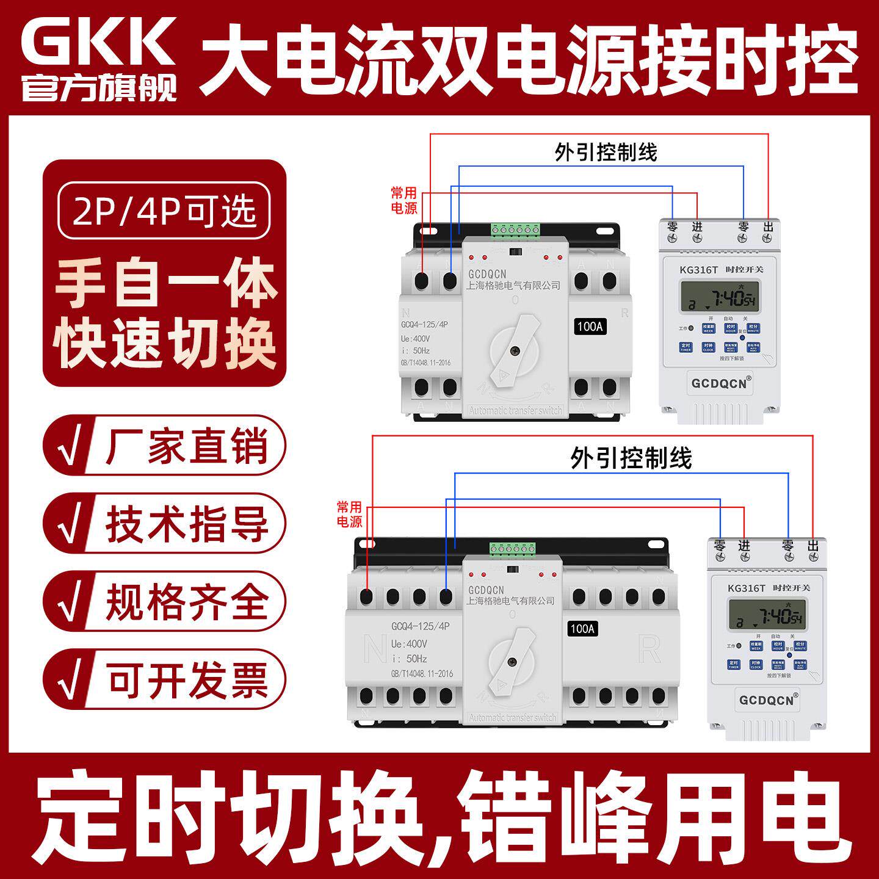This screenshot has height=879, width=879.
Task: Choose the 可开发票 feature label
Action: (186, 680)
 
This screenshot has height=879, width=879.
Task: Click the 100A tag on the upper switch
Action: (590, 327)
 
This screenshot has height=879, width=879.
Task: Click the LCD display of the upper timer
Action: (719, 298)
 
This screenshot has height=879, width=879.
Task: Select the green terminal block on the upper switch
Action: (515, 230)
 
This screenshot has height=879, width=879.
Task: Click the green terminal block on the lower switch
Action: (510, 549)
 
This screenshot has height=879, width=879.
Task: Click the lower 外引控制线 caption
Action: (631, 458)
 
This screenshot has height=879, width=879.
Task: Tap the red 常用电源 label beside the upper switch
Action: (404, 200)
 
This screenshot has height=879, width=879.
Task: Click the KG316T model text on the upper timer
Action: (698, 270)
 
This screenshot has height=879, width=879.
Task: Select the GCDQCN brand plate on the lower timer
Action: (767, 700)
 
